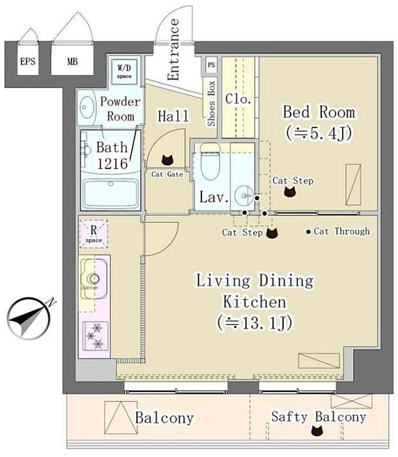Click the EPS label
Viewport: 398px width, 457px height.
(x=28, y=61)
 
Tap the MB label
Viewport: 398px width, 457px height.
(x=72, y=61)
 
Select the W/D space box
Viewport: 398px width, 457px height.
(x=125, y=72)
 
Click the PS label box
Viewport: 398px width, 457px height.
(x=212, y=65)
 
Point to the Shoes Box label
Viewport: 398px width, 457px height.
(x=211, y=103)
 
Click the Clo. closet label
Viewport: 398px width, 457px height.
(x=238, y=99)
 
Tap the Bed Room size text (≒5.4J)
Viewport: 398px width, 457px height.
(x=319, y=134)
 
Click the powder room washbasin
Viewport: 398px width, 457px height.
(x=88, y=107)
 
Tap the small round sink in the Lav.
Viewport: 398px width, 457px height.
(x=244, y=196)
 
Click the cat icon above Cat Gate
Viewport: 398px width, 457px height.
(x=168, y=160)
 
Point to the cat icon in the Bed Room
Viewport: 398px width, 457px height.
(x=290, y=192)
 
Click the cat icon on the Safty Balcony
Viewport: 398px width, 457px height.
(x=317, y=431)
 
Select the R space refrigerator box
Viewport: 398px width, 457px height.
(x=94, y=234)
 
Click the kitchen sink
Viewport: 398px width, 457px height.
(x=93, y=279)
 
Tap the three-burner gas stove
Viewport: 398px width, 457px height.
(x=96, y=336)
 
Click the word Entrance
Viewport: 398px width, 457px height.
(x=174, y=49)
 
